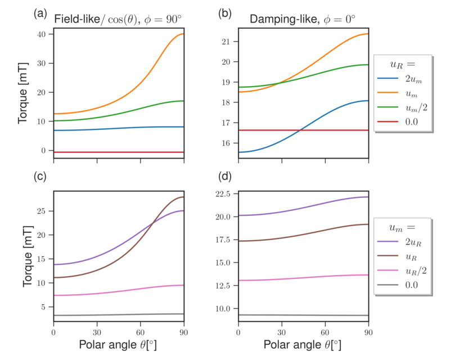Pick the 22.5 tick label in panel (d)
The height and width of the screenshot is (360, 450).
224,194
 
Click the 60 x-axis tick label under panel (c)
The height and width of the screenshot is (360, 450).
141,331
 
